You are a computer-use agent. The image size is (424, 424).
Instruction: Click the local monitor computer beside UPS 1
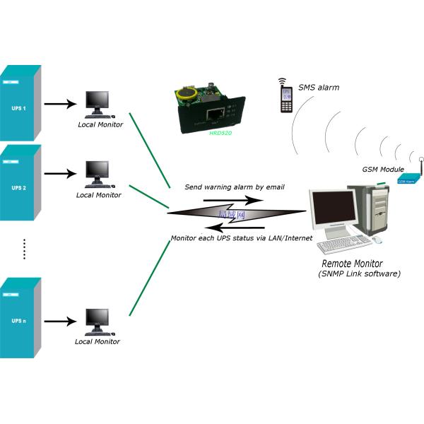(x=97, y=104)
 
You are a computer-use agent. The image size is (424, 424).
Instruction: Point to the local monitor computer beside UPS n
(x=97, y=322)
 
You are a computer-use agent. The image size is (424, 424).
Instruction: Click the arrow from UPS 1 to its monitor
(x=60, y=104)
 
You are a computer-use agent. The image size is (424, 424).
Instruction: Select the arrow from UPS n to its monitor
(x=60, y=322)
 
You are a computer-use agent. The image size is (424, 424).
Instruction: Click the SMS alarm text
(x=318, y=88)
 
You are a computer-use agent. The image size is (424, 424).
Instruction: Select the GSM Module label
(x=382, y=170)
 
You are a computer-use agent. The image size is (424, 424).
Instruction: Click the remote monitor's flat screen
(x=334, y=213)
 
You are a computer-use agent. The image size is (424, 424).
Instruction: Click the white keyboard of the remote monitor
(x=343, y=245)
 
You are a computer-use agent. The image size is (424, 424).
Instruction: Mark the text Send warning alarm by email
(x=234, y=187)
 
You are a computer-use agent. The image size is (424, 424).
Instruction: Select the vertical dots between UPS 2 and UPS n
(x=24, y=249)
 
